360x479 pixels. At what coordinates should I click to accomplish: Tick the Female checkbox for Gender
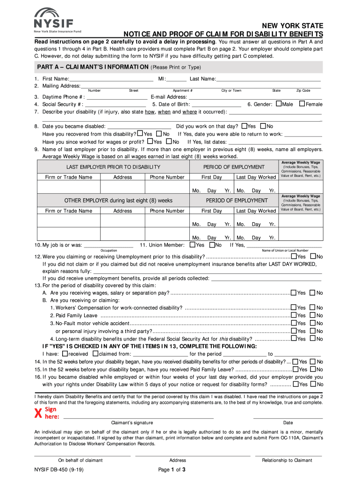point(302,104)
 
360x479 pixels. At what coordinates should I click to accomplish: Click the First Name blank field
point(111,79)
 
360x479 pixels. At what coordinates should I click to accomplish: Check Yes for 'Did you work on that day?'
point(244,126)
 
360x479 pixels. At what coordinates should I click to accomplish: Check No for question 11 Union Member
point(212,245)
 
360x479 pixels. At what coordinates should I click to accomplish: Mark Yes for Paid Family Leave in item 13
point(293,315)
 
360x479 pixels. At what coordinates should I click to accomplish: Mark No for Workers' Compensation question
point(313,307)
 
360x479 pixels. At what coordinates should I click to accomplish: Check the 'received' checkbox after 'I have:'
point(65,354)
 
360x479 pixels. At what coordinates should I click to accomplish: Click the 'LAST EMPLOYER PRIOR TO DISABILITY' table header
point(114,167)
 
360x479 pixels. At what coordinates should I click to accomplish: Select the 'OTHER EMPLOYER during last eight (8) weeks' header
point(118,200)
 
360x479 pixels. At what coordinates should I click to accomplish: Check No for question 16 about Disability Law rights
point(313,384)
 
